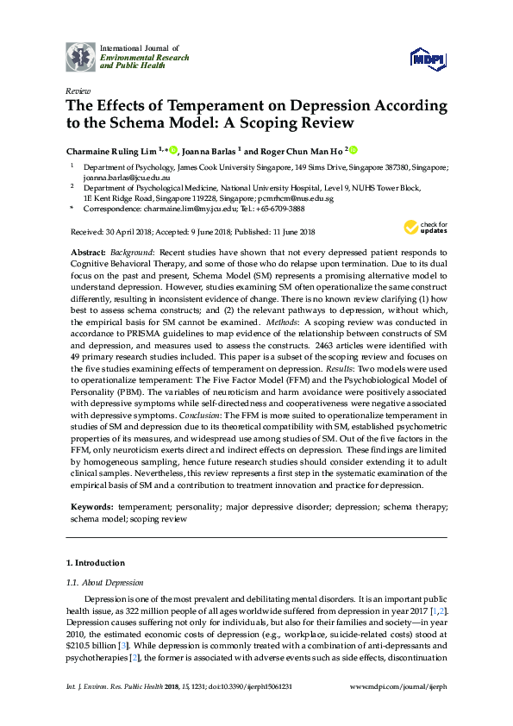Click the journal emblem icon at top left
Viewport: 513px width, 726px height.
pos(81,56)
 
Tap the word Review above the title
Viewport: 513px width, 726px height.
pos(78,90)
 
